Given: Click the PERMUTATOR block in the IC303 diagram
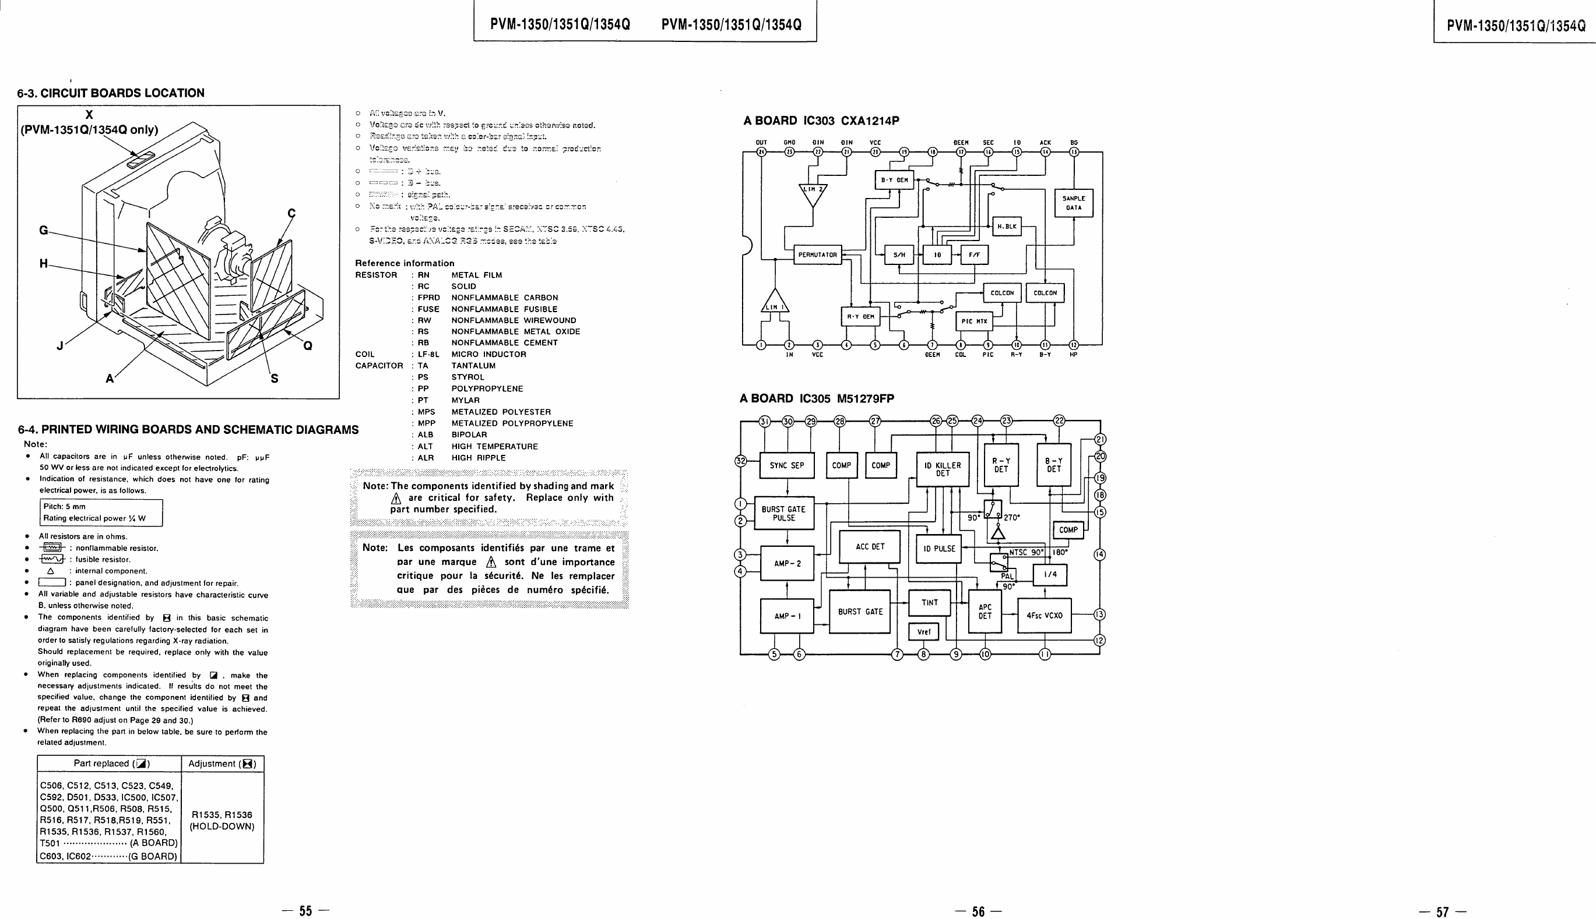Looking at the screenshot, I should tap(817, 255).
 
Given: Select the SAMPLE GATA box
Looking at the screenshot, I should tap(1074, 203).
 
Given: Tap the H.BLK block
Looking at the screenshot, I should tap(1007, 226).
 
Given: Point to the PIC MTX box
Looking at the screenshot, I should tap(974, 321).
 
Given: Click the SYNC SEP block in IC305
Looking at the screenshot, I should tap(786, 466).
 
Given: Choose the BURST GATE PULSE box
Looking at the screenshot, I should tap(784, 513).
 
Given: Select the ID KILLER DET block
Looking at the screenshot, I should tap(943, 469).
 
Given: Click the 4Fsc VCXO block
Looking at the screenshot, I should tap(1044, 616).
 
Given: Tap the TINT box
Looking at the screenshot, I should tap(930, 603).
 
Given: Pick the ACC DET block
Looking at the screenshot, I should tap(870, 547).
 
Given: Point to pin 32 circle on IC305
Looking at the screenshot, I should tap(741, 461).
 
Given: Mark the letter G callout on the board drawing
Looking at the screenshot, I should tap(44, 231).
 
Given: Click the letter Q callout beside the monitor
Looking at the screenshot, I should tap(308, 346).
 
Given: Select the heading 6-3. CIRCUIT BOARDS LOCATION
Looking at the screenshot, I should tap(111, 93).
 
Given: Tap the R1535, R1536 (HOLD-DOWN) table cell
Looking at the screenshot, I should tap(222, 821).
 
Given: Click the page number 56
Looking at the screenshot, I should tap(978, 911).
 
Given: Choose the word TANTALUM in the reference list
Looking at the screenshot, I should tap(473, 366).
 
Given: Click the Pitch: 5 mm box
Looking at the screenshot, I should tap(100, 512).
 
